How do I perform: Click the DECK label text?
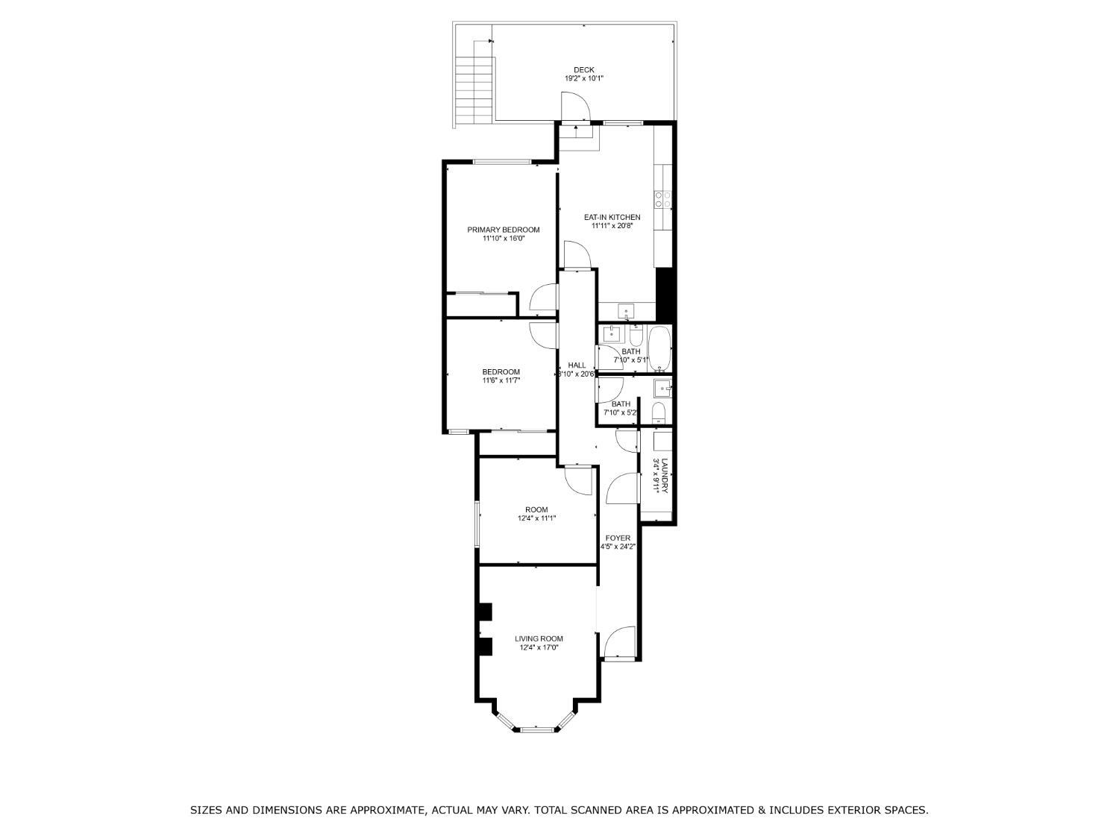(x=583, y=70)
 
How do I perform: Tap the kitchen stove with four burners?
(x=663, y=198)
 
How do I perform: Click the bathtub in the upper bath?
(x=659, y=349)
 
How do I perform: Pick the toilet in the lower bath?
(x=659, y=412)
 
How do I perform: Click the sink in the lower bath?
(x=663, y=389)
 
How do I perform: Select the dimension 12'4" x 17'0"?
(x=539, y=647)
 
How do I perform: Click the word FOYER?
(x=618, y=538)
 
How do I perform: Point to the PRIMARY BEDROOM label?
(x=503, y=230)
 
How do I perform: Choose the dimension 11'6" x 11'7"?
(x=501, y=380)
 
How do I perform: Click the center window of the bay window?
(x=537, y=729)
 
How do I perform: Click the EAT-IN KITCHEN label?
(x=612, y=217)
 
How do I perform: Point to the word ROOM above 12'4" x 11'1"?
(x=537, y=509)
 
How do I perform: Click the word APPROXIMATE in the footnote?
(x=387, y=809)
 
